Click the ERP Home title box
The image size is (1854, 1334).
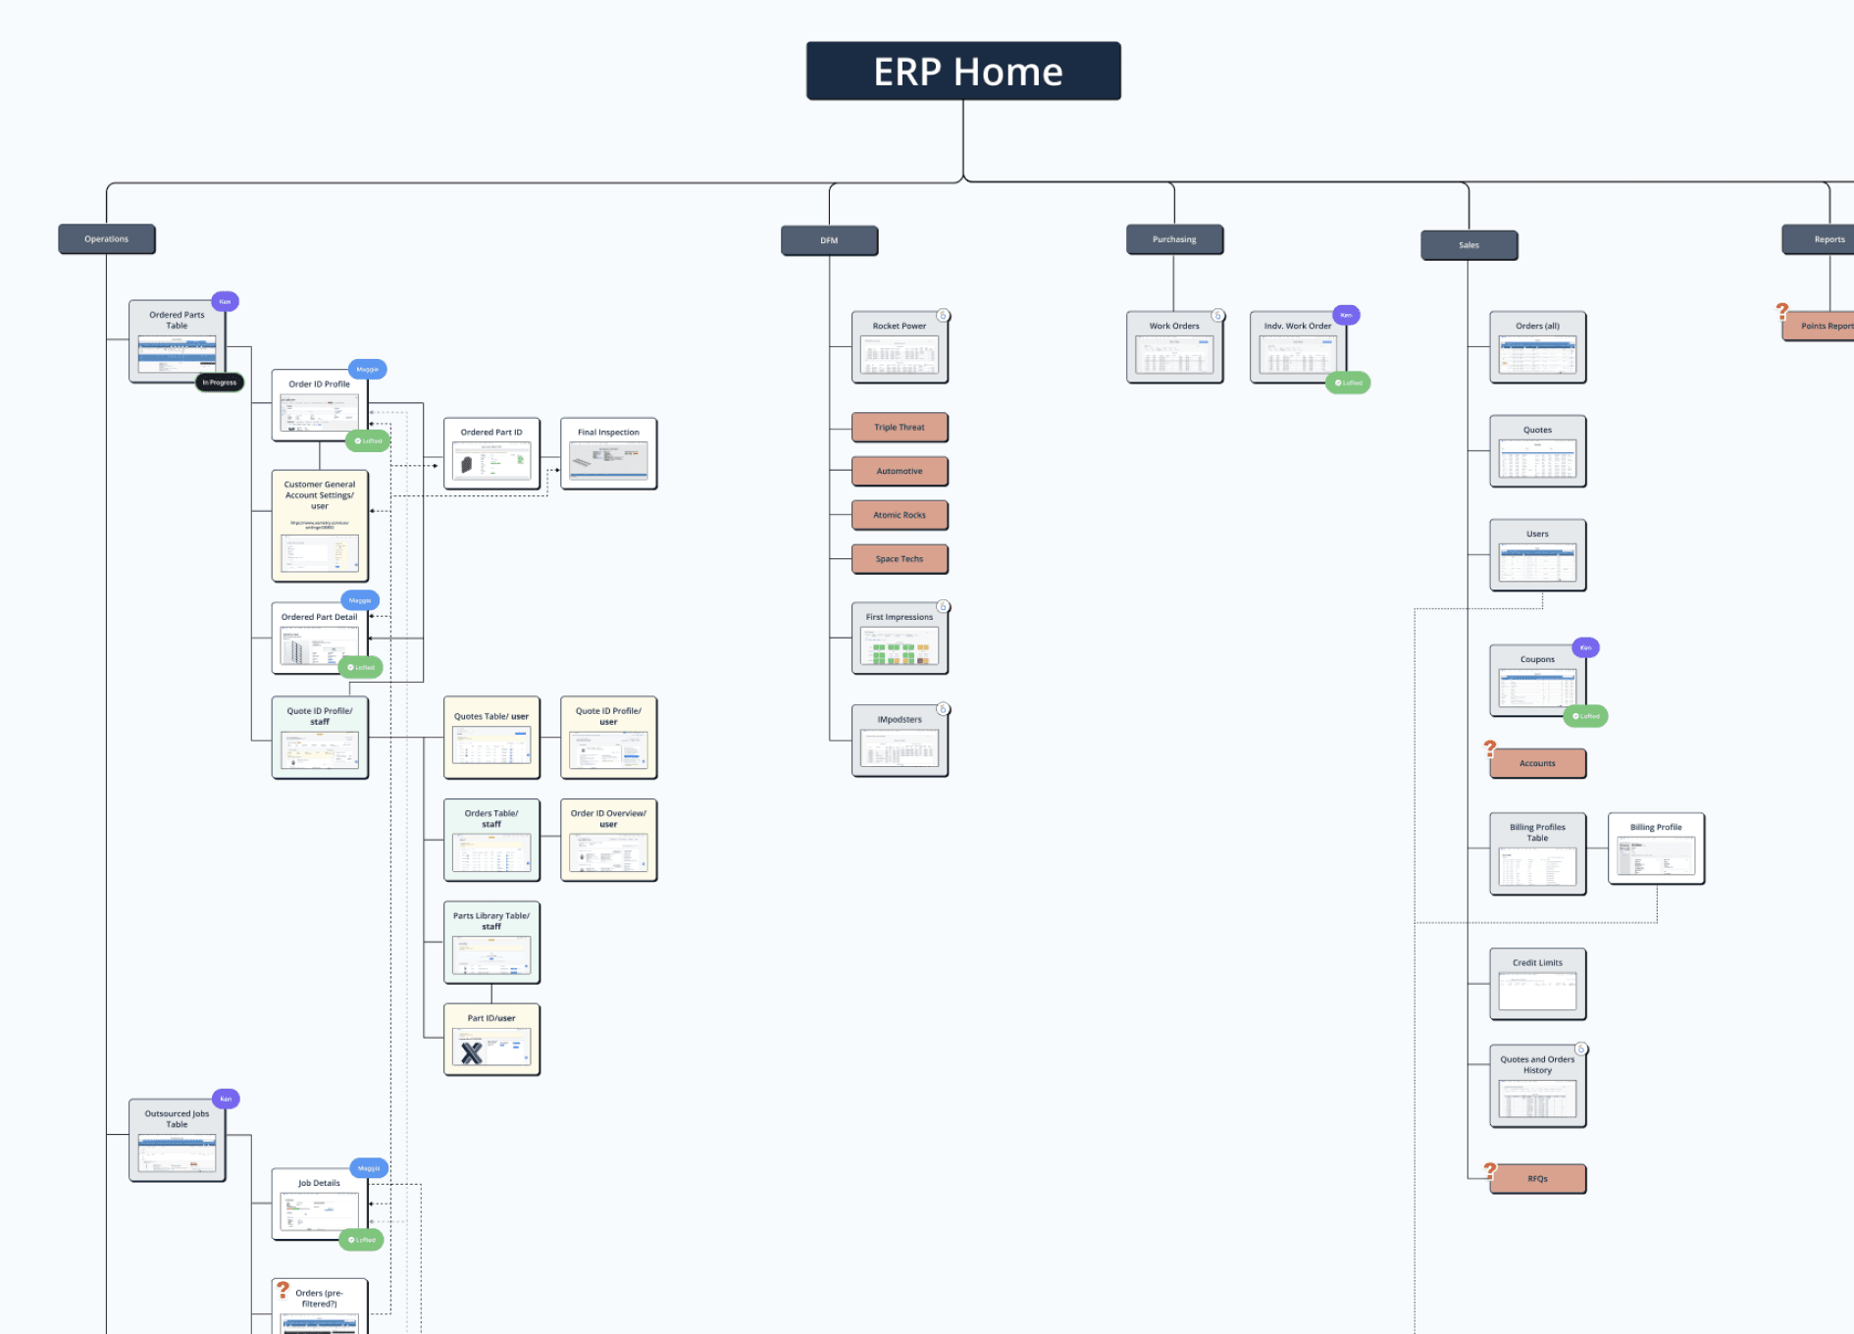tap(963, 71)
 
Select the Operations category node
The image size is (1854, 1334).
tap(106, 239)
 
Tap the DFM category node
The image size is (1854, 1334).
tap(829, 240)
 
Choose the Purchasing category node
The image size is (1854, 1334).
tap(1174, 239)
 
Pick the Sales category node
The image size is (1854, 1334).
tap(1468, 245)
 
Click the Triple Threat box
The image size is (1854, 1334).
tap(900, 428)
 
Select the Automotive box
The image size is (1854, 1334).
tap(900, 471)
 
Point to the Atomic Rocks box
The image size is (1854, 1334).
tap(900, 515)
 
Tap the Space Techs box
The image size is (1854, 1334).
tap(900, 559)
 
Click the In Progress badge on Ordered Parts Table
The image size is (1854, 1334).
tap(220, 383)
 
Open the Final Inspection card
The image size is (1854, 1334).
tap(608, 453)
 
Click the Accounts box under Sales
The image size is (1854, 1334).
tap(1537, 763)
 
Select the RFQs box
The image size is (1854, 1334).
tap(1537, 1179)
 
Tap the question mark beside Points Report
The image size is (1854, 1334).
tap(1782, 312)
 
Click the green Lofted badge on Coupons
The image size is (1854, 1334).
tap(1585, 716)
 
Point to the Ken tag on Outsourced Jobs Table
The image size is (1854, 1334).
tap(226, 1099)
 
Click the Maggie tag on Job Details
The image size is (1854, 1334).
tap(369, 1168)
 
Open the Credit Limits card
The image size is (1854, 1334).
tap(1537, 984)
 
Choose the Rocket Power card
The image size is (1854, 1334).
tap(900, 347)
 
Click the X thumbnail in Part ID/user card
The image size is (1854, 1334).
tap(472, 1052)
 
